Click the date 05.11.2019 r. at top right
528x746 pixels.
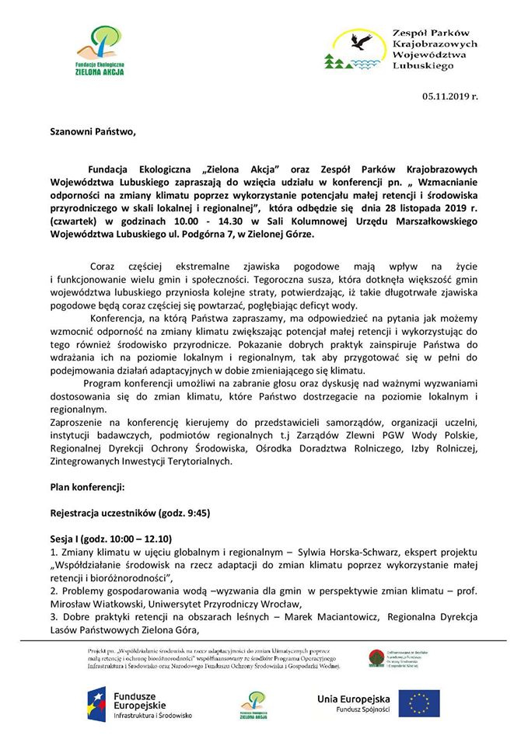coord(450,96)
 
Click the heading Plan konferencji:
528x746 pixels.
coord(87,487)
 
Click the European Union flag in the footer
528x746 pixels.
coord(420,702)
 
